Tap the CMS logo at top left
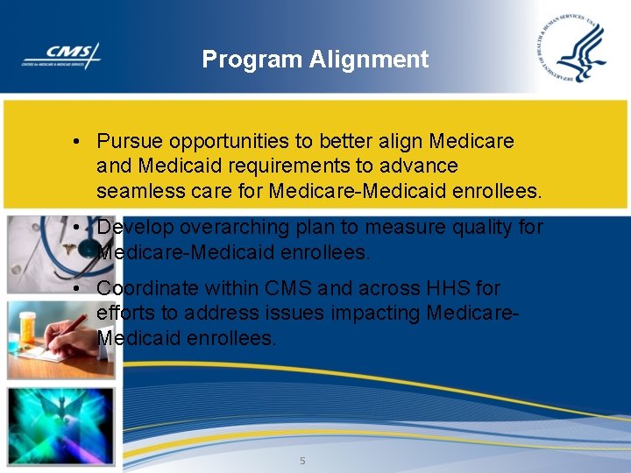[61, 55]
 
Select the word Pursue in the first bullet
[129, 141]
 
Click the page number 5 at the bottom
[302, 461]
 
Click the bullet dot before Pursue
[78, 142]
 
